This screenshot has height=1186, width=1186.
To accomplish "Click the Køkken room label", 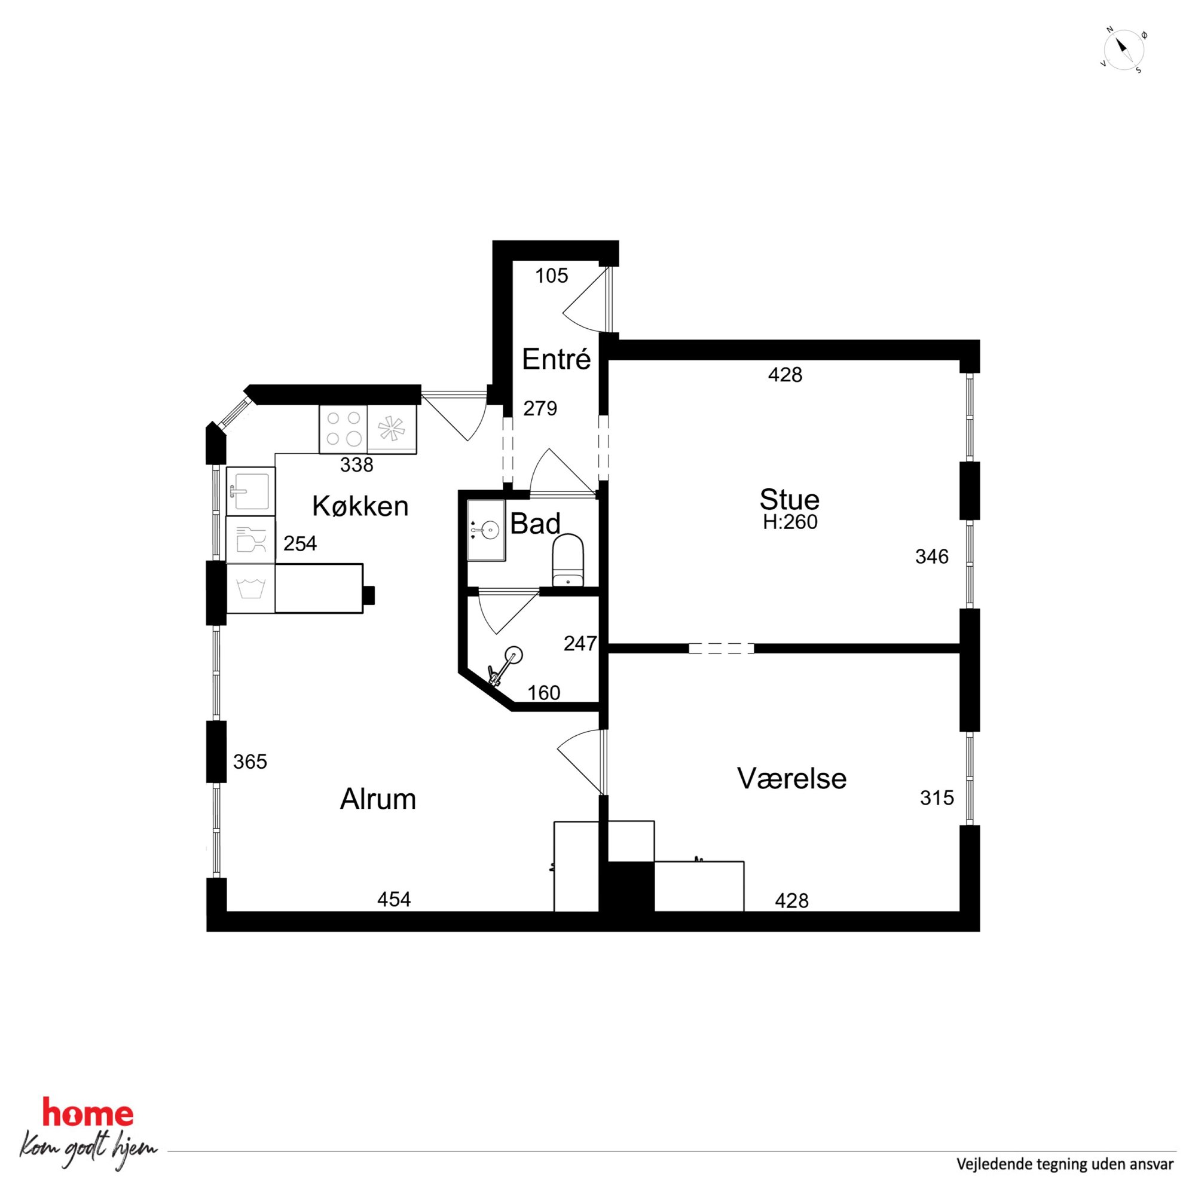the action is coord(360,506).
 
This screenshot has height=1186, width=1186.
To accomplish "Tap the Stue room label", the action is coord(790,500).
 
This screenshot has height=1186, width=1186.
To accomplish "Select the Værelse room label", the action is coord(792,778).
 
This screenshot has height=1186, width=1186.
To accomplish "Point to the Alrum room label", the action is coord(378,799).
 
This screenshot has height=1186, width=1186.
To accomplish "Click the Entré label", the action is coord(556,359).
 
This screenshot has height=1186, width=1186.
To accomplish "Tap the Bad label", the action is coord(535,524).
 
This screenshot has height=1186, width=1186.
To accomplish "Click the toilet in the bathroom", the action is coord(568,560).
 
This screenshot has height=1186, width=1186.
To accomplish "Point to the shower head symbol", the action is coord(505,664).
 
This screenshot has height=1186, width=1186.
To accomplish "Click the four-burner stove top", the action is coord(343,429).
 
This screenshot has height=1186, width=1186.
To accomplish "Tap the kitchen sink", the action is coord(250,491).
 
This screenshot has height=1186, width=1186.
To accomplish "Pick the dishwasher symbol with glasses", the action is coord(250,540).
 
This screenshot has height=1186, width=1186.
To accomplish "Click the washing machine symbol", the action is coord(250,588).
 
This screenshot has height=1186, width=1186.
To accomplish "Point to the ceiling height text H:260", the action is coord(790,522).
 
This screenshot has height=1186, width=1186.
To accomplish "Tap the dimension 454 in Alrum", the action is coord(394,899).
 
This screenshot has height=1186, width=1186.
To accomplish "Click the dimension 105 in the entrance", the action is coord(551,276).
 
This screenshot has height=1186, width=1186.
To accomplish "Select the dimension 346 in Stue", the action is coord(932,557).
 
